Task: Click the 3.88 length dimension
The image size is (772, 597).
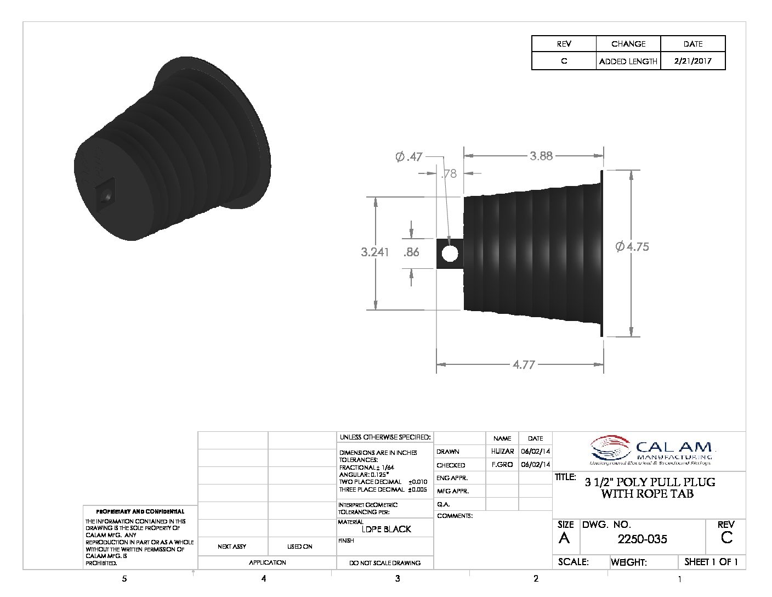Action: pyautogui.click(x=541, y=156)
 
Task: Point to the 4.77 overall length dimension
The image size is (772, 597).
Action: pyautogui.click(x=524, y=364)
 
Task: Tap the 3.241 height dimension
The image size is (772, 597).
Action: pyautogui.click(x=374, y=252)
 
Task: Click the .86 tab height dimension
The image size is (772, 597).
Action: pyautogui.click(x=411, y=252)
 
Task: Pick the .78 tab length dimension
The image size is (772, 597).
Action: pyautogui.click(x=449, y=174)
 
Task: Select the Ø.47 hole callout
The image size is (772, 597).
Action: pyautogui.click(x=409, y=157)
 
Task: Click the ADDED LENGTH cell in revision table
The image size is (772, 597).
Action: pyautogui.click(x=628, y=61)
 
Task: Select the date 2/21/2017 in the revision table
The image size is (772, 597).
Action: pyautogui.click(x=692, y=61)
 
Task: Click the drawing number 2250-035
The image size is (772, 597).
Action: pyautogui.click(x=642, y=539)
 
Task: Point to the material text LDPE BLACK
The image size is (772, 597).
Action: pyautogui.click(x=387, y=529)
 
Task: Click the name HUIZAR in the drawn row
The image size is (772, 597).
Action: pyautogui.click(x=502, y=452)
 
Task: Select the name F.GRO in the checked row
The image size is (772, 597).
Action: pyautogui.click(x=502, y=465)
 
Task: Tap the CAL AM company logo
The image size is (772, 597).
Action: pyautogui.click(x=652, y=452)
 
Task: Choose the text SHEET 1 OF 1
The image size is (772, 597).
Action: pyautogui.click(x=711, y=562)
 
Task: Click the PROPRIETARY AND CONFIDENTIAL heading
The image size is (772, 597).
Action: pyautogui.click(x=140, y=511)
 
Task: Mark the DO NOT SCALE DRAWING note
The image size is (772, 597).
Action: pyautogui.click(x=385, y=562)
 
